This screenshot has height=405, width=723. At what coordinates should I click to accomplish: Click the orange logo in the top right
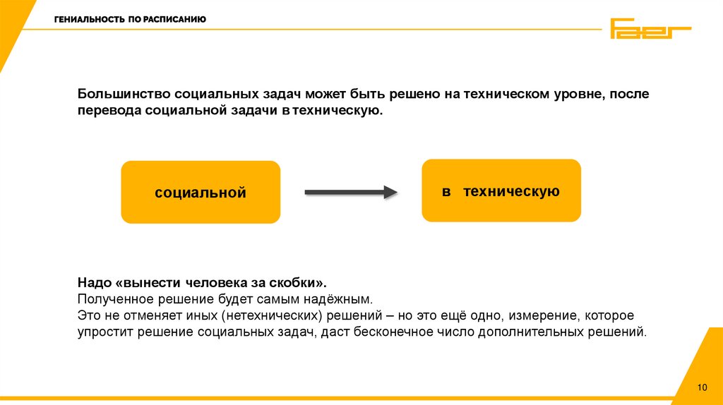(650, 29)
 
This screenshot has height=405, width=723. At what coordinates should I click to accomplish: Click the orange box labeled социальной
(201, 192)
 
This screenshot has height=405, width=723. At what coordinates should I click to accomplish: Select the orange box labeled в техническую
(501, 191)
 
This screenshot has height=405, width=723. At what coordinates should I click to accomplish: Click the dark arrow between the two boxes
(347, 192)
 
